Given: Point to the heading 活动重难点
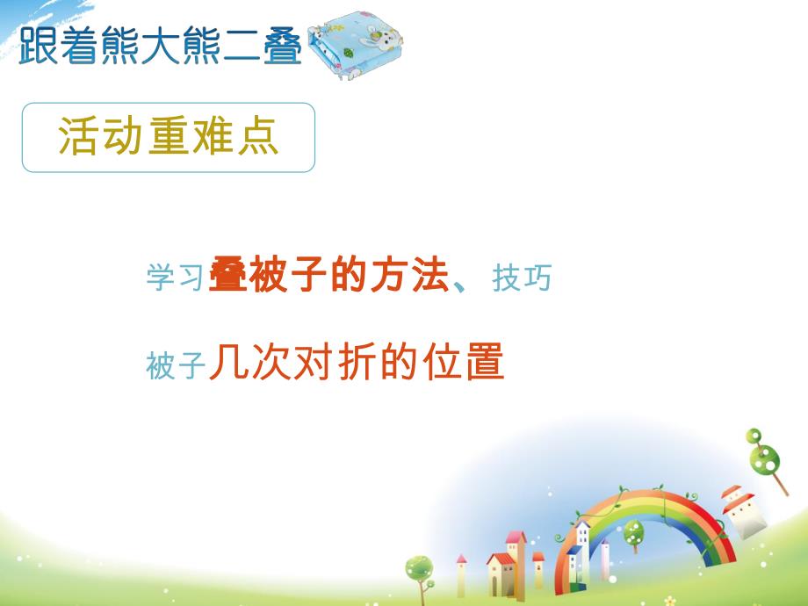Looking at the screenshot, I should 168,138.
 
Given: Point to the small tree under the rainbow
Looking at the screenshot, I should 633,533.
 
